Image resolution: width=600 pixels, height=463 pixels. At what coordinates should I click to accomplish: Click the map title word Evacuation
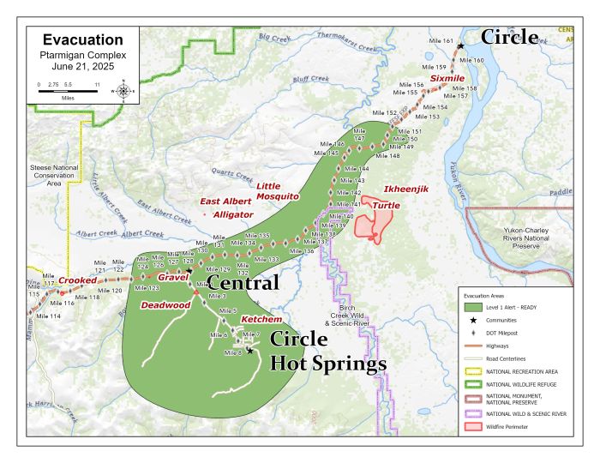point(82,39)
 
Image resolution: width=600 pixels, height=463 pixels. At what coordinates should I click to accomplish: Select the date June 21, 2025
point(82,65)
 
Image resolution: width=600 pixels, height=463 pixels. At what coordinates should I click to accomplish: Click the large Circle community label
point(509,37)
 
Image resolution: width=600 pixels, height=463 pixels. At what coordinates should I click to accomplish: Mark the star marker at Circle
point(461,45)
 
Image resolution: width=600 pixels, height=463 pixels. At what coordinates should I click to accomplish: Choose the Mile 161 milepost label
point(441,40)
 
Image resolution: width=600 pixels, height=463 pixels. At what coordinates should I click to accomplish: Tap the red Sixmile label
point(447,78)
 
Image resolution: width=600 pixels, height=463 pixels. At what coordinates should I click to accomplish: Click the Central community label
point(243,283)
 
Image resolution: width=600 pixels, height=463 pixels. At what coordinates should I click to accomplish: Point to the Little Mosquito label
point(277,190)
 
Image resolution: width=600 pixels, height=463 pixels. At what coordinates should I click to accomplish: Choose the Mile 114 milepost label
point(49,316)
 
